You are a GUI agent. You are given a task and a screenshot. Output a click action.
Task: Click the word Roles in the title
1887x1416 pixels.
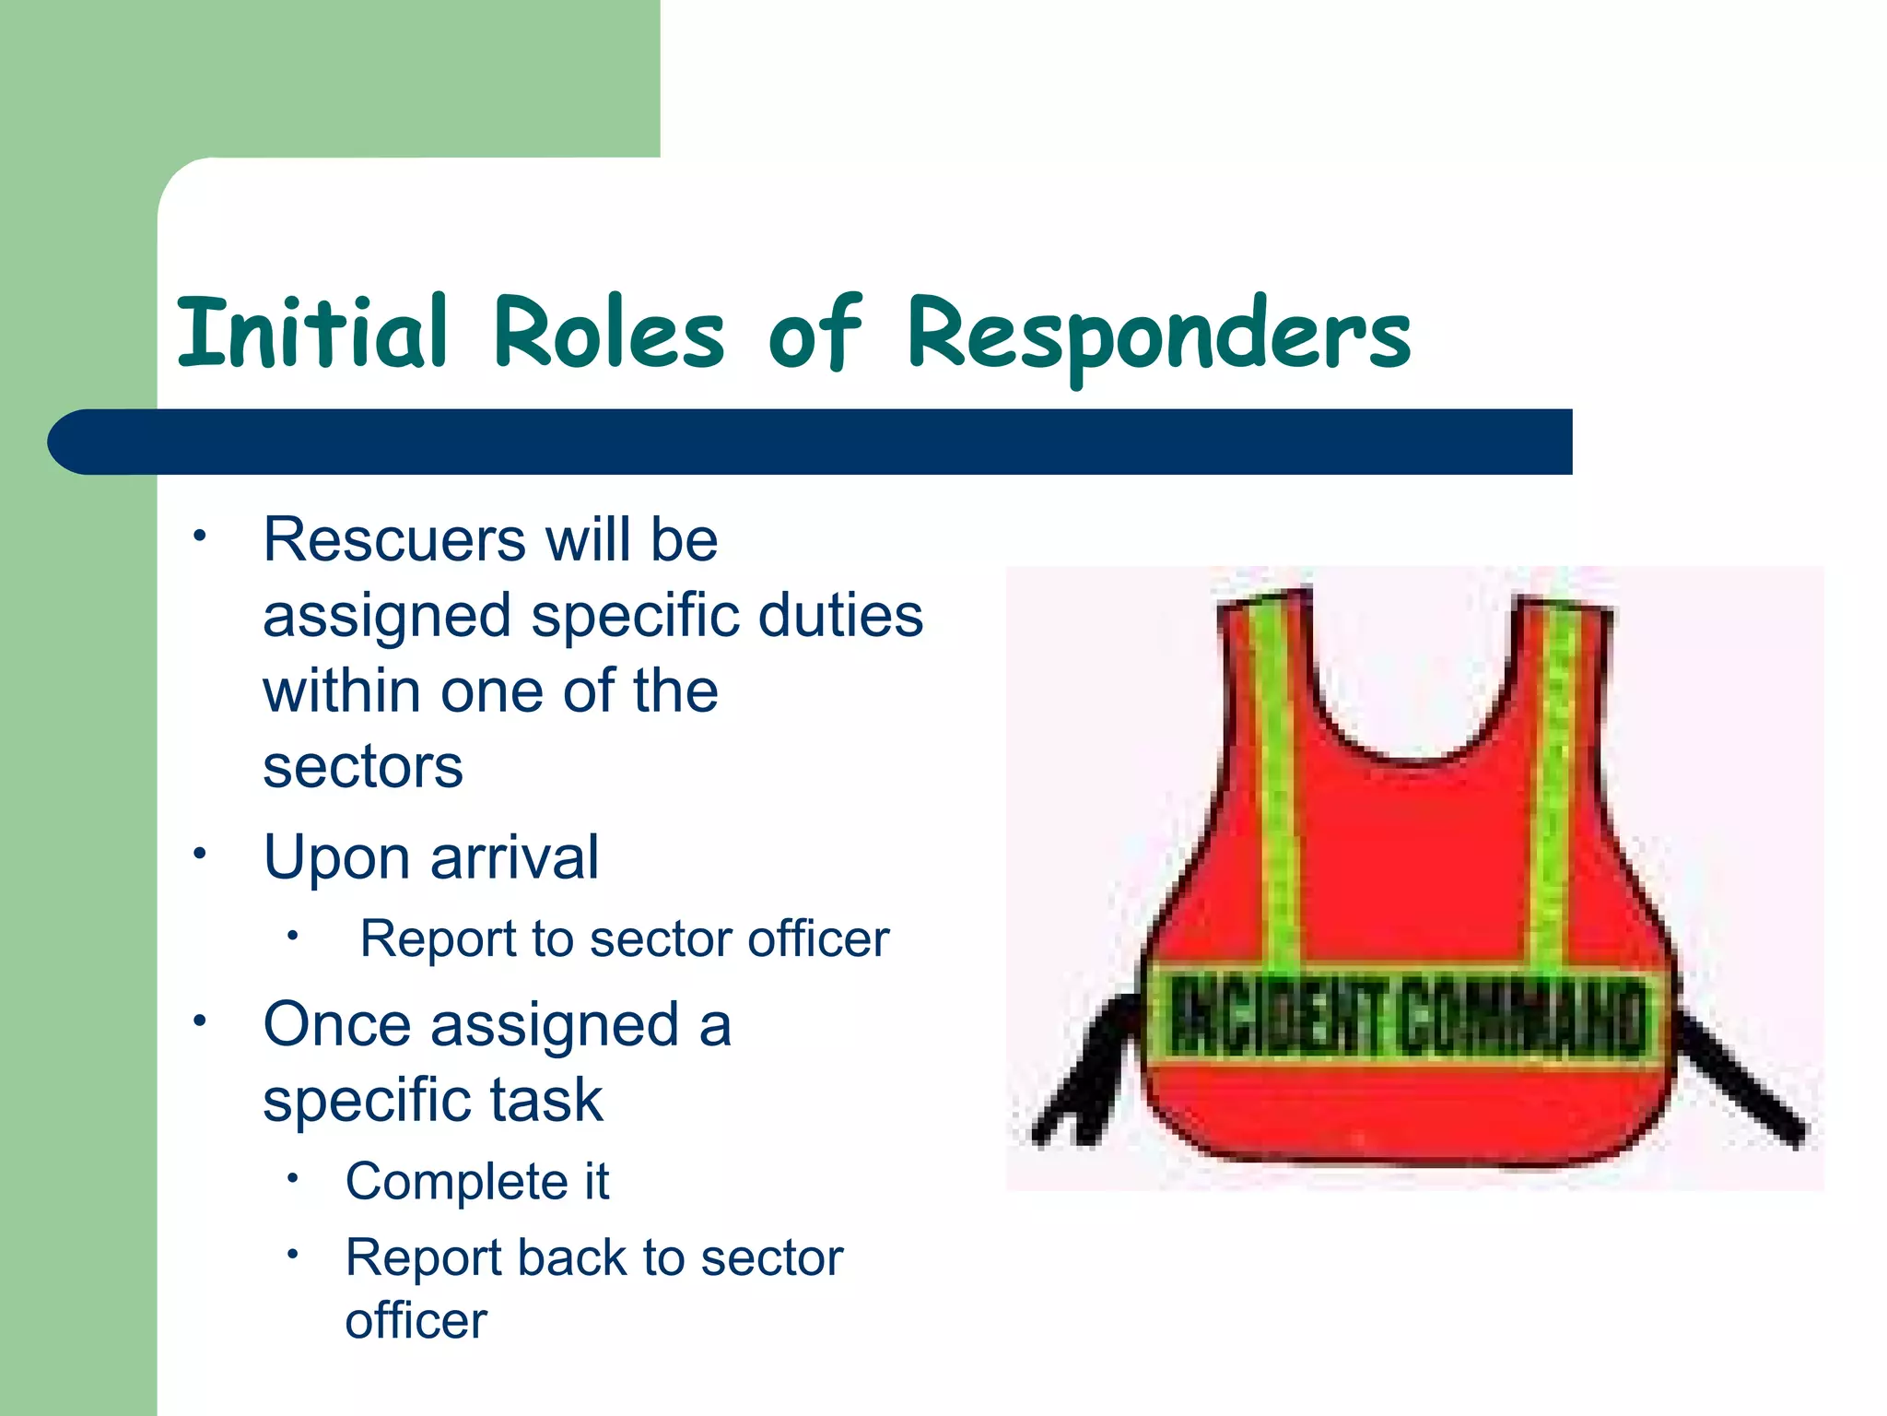(x=608, y=332)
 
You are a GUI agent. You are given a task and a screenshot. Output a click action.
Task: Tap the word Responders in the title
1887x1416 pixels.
(x=1158, y=334)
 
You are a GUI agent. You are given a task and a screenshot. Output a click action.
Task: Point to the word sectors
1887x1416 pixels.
(x=362, y=767)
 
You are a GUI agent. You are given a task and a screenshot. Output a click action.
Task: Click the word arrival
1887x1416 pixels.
(x=514, y=857)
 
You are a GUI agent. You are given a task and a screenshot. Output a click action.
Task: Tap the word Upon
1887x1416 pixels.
(x=337, y=857)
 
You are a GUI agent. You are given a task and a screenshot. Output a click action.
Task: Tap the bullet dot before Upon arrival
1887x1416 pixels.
(x=199, y=853)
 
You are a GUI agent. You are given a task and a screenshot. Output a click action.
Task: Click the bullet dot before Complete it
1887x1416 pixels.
(x=293, y=1178)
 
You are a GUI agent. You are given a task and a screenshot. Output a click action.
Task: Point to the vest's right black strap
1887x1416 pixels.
(x=1741, y=1079)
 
